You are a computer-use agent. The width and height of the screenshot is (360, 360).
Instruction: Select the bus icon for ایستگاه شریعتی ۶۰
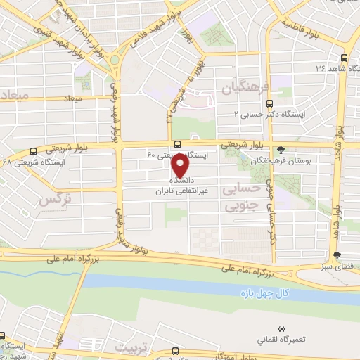pyautogui.click(x=177, y=144)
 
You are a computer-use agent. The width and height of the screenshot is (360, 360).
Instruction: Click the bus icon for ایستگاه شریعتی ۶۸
pyautogui.click(x=33, y=150)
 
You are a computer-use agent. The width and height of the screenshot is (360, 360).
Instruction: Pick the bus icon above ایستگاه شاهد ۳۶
pyautogui.click(x=343, y=58)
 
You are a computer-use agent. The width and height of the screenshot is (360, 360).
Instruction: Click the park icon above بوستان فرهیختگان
pyautogui.click(x=281, y=149)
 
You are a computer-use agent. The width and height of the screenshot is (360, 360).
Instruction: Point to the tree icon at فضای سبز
pyautogui.click(x=337, y=255)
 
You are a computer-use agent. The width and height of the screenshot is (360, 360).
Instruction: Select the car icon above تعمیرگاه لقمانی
pyautogui.click(x=281, y=328)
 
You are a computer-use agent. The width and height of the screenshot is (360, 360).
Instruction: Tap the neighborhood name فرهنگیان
pyautogui.click(x=246, y=87)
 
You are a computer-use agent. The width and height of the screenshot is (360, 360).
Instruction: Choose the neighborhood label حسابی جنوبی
pyautogui.click(x=240, y=198)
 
